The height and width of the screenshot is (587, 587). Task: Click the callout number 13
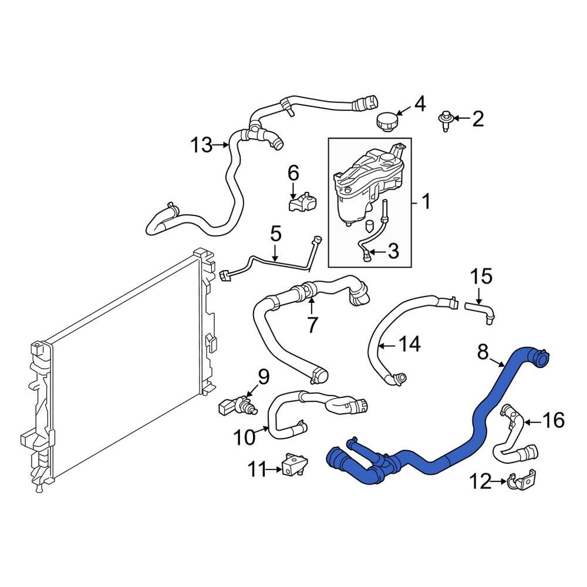(201, 144)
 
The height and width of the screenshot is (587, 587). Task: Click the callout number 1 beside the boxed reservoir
(426, 203)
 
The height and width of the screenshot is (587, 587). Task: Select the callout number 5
(275, 235)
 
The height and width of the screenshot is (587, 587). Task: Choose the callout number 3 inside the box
(392, 252)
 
